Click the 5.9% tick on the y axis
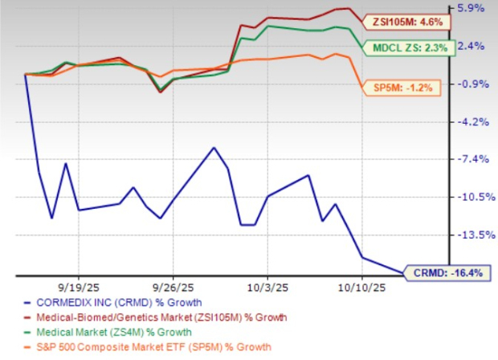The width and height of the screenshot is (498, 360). coord(472,8)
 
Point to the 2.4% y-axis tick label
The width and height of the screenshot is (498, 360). coord(472,46)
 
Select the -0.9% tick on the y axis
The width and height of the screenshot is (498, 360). coord(471,84)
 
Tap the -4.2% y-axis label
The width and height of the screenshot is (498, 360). coord(471,121)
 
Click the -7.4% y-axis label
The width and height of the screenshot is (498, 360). coord(471,159)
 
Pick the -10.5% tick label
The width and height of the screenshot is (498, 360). coord(470,197)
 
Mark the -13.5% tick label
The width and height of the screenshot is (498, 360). coord(470,235)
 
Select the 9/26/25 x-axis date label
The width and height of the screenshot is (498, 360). coord(172,286)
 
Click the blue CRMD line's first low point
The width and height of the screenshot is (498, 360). coord(51,218)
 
